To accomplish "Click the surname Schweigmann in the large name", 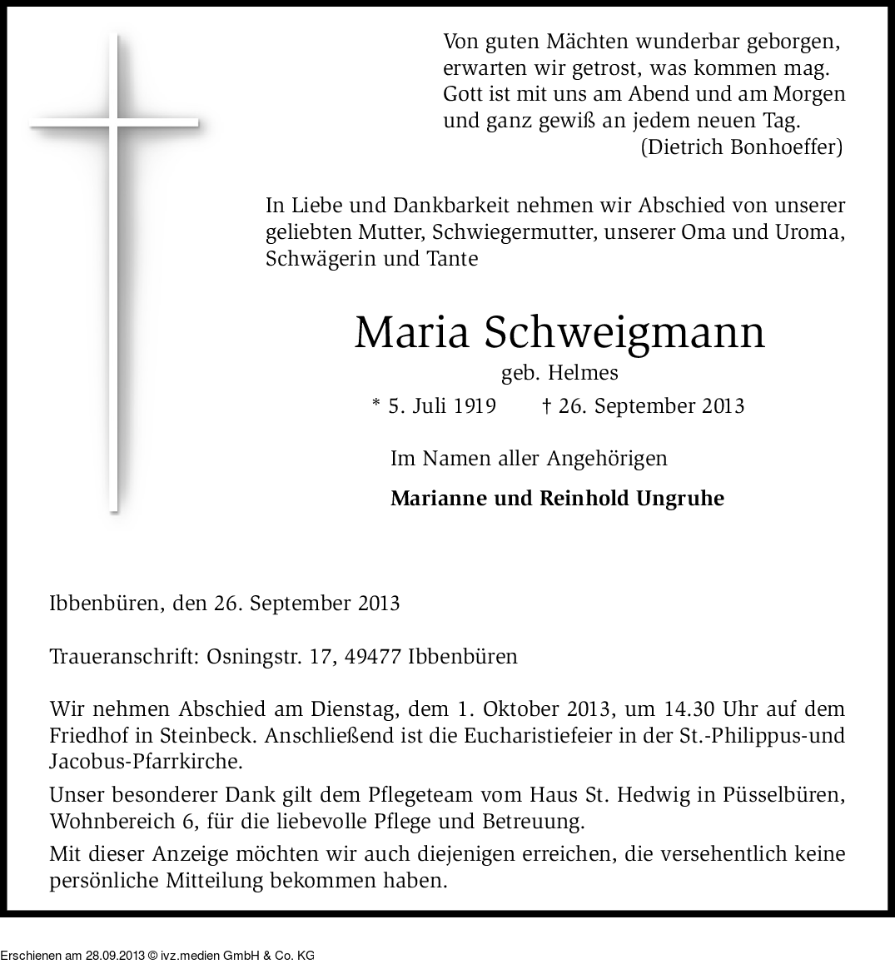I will [624, 332].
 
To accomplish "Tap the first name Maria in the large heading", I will [411, 332].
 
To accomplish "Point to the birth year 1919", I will [475, 406].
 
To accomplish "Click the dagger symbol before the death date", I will [546, 406].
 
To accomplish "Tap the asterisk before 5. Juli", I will [376, 405].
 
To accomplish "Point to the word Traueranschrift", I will [122, 657].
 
